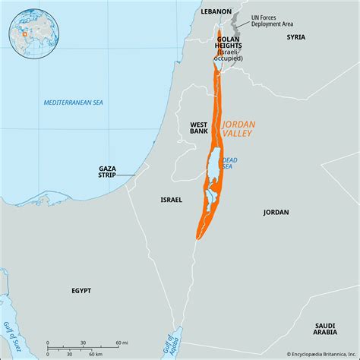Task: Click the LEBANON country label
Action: pyautogui.click(x=216, y=12)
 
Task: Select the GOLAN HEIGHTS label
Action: pyautogui.click(x=229, y=44)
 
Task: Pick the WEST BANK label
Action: pyautogui.click(x=199, y=126)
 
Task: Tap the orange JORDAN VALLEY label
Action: pyautogui.click(x=238, y=126)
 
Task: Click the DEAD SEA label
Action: pyautogui.click(x=230, y=163)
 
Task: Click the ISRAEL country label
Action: pyautogui.click(x=171, y=199)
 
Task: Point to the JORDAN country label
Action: pyautogui.click(x=276, y=212)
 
